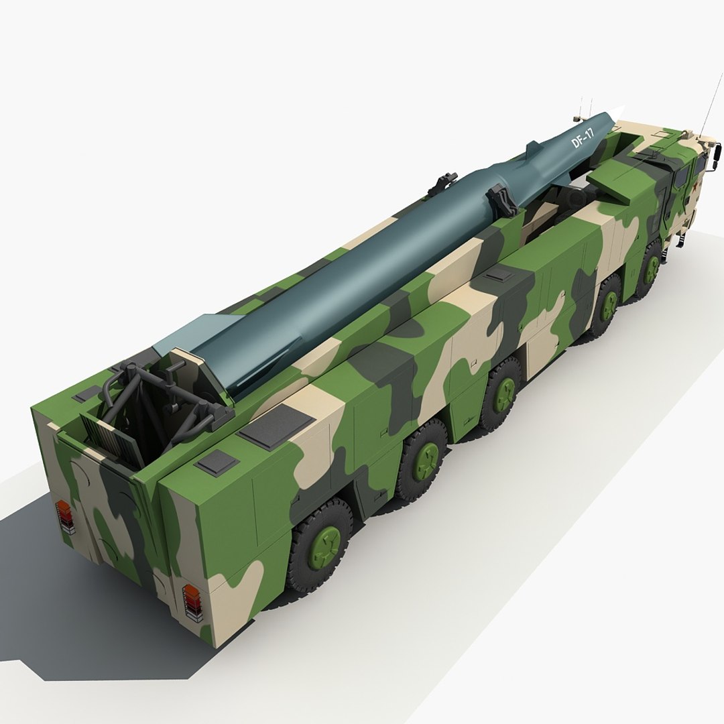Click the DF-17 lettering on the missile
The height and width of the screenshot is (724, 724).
pyautogui.click(x=582, y=139)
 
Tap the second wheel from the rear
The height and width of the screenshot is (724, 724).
pyautogui.click(x=423, y=457)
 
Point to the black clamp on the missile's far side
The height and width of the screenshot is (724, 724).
pyautogui.click(x=444, y=181)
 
